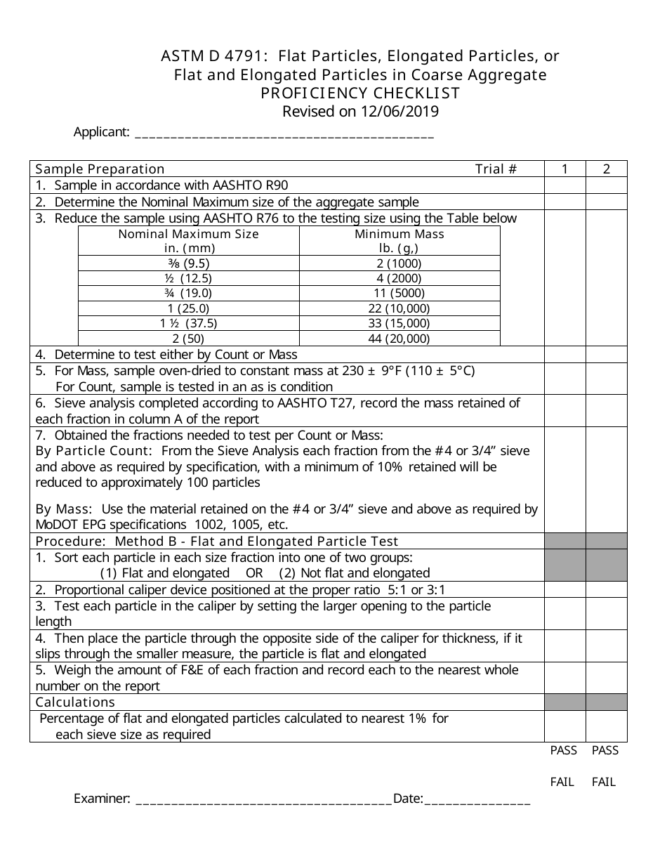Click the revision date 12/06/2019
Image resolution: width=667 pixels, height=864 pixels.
400,112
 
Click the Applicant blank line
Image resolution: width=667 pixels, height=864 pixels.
284,133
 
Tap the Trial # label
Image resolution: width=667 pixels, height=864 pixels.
496,169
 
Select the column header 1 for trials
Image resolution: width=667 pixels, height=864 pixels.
564,169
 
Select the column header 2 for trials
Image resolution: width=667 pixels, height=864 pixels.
607,169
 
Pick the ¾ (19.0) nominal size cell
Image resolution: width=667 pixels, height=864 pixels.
188,294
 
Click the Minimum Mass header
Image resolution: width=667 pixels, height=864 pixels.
399,234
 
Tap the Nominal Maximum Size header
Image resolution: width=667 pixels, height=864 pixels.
188,234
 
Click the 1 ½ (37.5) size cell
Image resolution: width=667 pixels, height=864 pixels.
188,324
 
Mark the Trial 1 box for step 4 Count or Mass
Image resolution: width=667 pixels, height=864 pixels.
564,355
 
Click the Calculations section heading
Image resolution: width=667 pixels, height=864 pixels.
75,702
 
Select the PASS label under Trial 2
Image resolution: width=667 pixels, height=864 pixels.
605,751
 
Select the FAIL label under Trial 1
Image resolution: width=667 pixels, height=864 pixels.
562,782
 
